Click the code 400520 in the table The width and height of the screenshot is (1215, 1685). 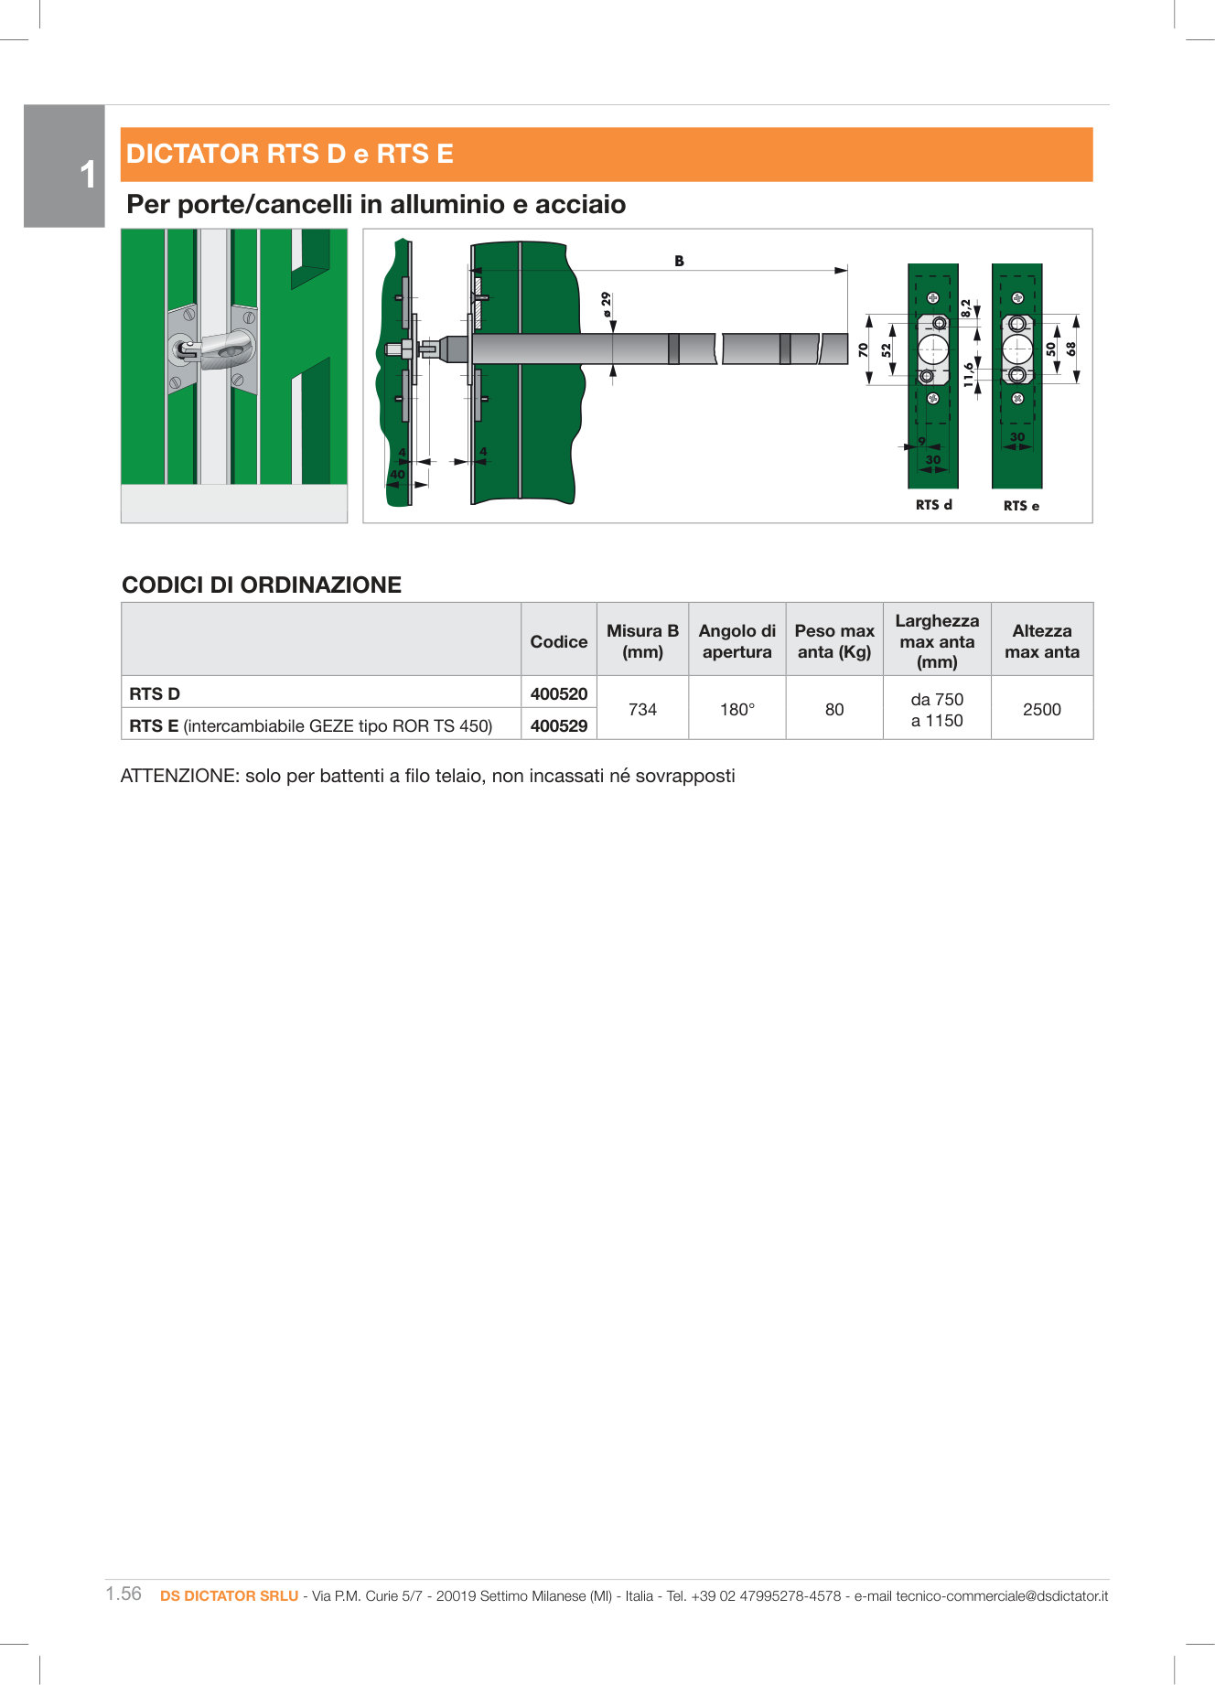tap(558, 693)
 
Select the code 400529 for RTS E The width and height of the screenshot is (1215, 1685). tap(558, 725)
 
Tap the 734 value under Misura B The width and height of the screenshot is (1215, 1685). tap(642, 709)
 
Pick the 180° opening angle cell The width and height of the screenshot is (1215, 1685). tap(737, 709)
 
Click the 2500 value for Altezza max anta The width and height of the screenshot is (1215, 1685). tap(1041, 709)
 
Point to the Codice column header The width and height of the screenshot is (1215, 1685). tap(558, 641)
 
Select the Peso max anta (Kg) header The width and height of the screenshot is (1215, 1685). tap(833, 641)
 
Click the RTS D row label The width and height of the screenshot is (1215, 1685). tap(155, 693)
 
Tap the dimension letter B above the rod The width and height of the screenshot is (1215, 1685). tap(679, 261)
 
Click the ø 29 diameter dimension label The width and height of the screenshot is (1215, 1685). tap(605, 304)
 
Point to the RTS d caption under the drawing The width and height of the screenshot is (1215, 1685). tap(933, 505)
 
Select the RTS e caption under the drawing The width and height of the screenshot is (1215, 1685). tap(1021, 506)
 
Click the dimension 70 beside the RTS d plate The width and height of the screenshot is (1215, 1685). tap(863, 349)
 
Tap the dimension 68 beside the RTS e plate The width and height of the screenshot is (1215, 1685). tap(1070, 349)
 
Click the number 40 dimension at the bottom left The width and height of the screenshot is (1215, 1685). tap(397, 474)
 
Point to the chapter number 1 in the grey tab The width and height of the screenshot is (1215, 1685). tap(87, 174)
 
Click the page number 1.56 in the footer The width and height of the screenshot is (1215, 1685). tap(124, 1594)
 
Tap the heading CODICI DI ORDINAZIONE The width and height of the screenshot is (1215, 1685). tap(262, 585)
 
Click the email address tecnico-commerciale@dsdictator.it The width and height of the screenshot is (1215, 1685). tap(1002, 1595)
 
